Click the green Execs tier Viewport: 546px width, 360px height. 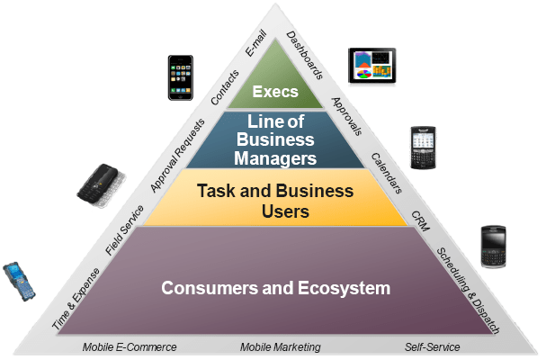(x=275, y=92)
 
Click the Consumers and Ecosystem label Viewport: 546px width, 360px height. (x=275, y=289)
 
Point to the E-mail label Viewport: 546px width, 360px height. (x=256, y=43)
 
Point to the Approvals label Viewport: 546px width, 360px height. (x=346, y=115)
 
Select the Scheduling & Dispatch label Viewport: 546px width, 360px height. (x=467, y=288)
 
